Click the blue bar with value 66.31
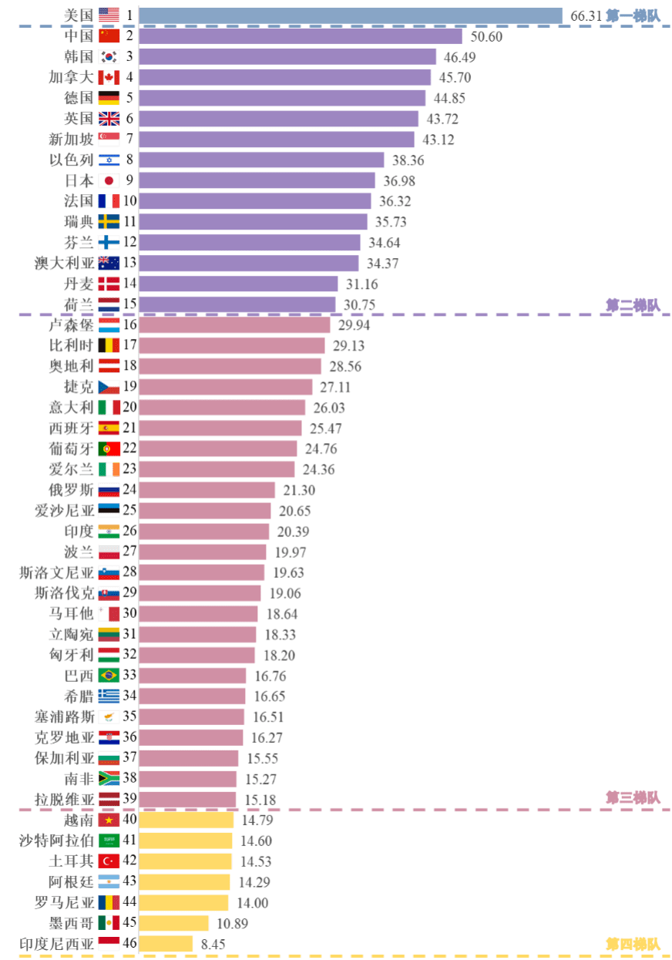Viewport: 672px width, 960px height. click(x=351, y=15)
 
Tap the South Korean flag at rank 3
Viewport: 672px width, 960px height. click(x=109, y=57)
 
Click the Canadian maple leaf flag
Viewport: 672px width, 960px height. click(x=109, y=78)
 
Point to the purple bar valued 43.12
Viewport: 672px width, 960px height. click(x=277, y=139)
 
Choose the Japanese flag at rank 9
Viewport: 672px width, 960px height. click(x=109, y=181)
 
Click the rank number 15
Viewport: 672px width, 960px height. click(x=129, y=304)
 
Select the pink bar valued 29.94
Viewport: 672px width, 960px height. click(x=235, y=325)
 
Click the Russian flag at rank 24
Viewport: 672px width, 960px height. click(x=109, y=490)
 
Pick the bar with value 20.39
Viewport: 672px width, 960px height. click(x=205, y=532)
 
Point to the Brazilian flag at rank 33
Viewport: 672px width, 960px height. click(x=109, y=676)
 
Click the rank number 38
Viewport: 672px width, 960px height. click(x=129, y=778)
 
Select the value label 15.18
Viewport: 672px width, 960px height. click(x=260, y=799)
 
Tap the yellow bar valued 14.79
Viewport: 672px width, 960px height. click(x=187, y=820)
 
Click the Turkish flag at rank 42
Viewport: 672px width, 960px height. click(x=109, y=861)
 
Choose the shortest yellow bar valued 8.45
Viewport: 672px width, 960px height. click(x=166, y=944)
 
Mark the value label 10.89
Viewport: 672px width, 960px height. click(x=232, y=923)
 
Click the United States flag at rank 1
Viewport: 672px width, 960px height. click(x=109, y=15)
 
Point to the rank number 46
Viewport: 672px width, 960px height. click(x=129, y=944)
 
